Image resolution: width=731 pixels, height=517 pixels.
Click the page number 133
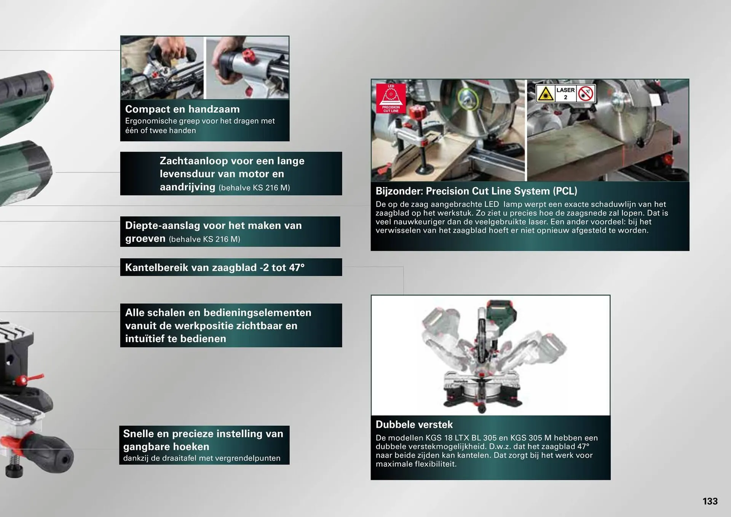[x=710, y=501]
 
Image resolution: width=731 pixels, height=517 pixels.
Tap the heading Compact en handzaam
[x=182, y=109]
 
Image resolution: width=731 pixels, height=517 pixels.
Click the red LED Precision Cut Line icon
[x=391, y=99]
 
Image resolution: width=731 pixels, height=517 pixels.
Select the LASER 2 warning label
[x=565, y=93]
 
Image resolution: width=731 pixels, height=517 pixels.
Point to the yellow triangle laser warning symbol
[x=546, y=94]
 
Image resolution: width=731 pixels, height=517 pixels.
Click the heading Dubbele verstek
[x=414, y=424]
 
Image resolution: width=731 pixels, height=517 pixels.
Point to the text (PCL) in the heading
[x=565, y=191]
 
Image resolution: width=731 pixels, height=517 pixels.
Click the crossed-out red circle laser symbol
[x=586, y=94]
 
